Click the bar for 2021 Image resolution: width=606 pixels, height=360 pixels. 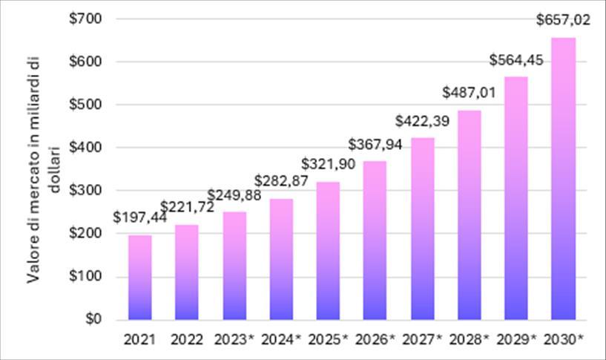140,278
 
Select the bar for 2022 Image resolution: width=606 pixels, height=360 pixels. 187,272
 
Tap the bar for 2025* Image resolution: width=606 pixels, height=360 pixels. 328,251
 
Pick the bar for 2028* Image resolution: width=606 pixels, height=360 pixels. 470,215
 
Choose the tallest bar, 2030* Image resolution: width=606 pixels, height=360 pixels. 564,179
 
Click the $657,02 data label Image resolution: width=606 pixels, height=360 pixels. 563,20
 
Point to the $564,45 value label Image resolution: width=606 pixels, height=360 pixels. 516,60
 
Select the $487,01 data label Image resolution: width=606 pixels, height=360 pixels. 470,93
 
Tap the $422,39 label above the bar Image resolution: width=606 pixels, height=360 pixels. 423,121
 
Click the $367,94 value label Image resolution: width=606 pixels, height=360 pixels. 375,144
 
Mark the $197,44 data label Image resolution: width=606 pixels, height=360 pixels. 140,217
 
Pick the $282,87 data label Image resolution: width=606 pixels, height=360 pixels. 281,180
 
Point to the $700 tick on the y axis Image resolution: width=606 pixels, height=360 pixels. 85,19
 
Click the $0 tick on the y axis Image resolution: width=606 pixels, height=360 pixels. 93,318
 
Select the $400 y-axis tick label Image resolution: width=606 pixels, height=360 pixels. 85,147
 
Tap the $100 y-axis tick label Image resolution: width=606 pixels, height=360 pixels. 85,275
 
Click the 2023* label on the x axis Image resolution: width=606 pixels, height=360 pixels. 234,339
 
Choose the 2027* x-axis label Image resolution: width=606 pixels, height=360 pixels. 422,339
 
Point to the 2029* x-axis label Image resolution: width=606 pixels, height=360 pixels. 516,339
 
